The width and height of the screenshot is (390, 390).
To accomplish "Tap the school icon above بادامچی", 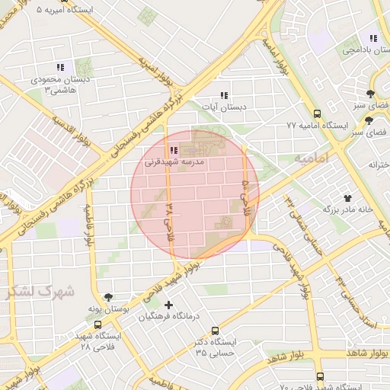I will click(x=372, y=38).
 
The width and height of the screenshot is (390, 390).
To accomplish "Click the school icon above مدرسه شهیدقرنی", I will click(x=174, y=150).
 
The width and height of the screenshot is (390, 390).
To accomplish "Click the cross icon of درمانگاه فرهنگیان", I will click(x=168, y=305).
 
